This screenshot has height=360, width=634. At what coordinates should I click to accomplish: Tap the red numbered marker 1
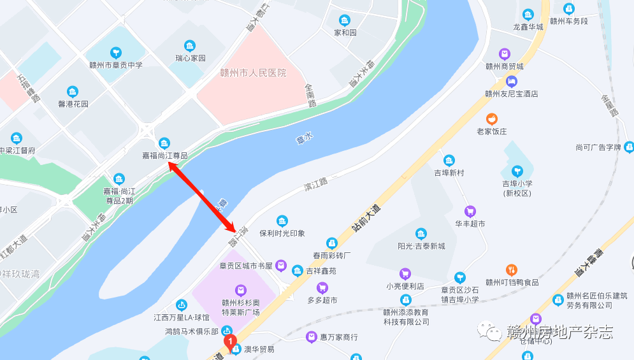tap(231, 342)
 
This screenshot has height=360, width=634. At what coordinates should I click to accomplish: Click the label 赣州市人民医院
tap(252, 73)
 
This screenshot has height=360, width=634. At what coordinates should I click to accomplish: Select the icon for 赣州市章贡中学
tap(115, 53)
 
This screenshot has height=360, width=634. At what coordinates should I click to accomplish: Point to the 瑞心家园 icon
tap(190, 46)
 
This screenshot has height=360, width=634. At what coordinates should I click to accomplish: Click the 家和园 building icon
tap(345, 20)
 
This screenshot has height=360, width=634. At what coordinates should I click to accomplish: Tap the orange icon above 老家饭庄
tap(492, 119)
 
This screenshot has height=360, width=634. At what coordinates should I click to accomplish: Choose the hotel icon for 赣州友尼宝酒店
tap(511, 82)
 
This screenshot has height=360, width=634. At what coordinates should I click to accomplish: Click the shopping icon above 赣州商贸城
tap(504, 54)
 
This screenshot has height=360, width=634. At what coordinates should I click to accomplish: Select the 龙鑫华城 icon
tap(528, 15)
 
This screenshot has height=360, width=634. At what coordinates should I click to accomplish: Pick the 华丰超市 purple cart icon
tap(470, 212)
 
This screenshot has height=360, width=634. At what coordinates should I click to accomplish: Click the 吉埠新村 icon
tap(449, 161)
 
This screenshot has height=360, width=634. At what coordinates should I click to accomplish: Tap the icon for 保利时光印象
tap(282, 221)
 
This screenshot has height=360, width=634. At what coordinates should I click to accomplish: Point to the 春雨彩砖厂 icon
tap(332, 243)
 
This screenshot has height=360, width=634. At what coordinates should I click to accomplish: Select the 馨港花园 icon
tap(73, 92)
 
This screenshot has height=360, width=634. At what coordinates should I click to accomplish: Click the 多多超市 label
tap(322, 300)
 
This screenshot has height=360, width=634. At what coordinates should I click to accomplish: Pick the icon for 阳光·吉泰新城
tap(421, 234)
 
